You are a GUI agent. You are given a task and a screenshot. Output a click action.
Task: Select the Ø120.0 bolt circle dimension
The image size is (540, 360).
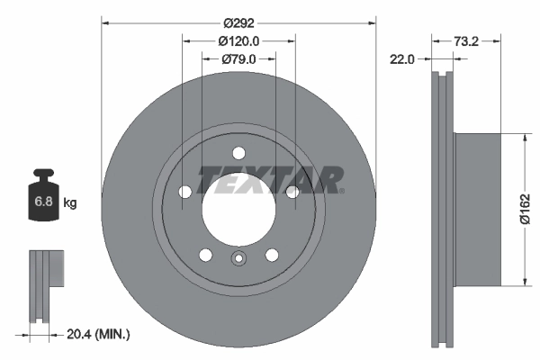click(238, 40)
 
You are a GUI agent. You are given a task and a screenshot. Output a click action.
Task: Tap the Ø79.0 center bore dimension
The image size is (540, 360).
click(238, 59)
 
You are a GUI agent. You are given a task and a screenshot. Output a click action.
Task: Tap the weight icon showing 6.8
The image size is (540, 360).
click(43, 200)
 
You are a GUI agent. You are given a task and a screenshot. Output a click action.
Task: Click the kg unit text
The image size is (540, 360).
click(70, 203)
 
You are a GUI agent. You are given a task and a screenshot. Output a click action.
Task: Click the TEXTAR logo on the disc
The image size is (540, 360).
click(268, 180)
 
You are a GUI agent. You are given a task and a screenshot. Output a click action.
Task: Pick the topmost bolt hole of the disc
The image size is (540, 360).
click(238, 153)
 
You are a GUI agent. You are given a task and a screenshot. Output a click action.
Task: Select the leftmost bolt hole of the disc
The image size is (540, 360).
click(184, 192)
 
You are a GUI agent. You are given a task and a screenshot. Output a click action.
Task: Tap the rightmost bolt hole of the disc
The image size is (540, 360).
click(292, 192)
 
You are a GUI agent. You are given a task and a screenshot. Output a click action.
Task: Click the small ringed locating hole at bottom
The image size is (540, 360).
click(238, 261)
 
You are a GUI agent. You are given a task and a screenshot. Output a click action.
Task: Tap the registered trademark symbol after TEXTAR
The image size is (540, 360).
click(341, 190)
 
